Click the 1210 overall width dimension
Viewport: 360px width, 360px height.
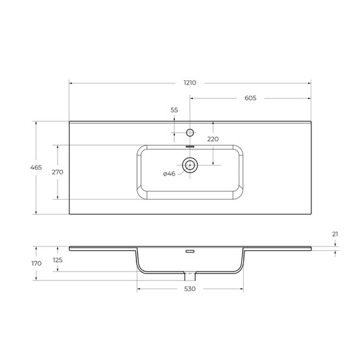190,83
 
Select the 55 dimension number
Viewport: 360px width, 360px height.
174,111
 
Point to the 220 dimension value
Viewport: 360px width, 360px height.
212,139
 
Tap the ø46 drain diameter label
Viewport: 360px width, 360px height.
169,174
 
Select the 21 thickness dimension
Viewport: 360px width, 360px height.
335,234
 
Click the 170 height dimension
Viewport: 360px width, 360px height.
36,263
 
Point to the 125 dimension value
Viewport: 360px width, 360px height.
57,260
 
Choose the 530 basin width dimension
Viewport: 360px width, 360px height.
190,289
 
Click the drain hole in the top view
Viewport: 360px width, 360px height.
190,165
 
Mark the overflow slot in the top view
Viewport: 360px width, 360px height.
190,147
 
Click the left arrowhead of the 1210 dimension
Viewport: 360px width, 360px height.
71,83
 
